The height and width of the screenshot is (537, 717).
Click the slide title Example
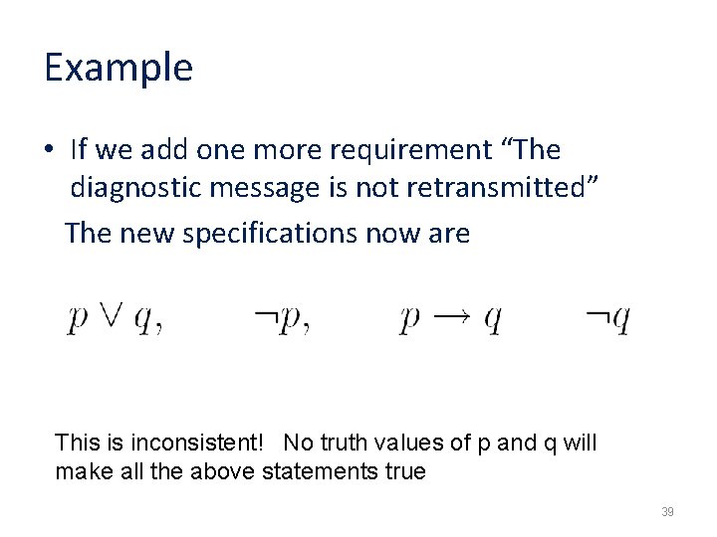coord(118,68)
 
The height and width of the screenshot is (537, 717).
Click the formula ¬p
coord(282,319)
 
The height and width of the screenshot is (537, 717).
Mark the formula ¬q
coord(607,319)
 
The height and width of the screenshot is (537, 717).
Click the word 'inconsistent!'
coord(198,442)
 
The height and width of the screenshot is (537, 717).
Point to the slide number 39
coord(667,512)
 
